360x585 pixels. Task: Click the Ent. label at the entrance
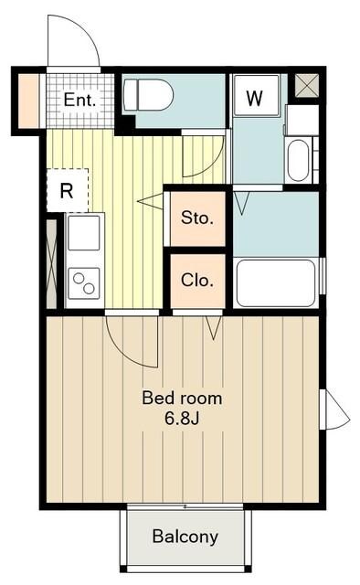click(x=79, y=100)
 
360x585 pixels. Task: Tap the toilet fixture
click(x=148, y=94)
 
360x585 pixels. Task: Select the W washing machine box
click(x=256, y=96)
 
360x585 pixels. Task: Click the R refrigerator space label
click(x=67, y=191)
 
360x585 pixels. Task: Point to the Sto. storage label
click(x=197, y=218)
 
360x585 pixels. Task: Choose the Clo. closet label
click(x=197, y=281)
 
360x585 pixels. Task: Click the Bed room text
click(x=182, y=399)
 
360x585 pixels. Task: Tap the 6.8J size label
click(x=182, y=419)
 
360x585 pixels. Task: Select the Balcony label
click(x=185, y=537)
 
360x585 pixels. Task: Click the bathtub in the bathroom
click(x=276, y=282)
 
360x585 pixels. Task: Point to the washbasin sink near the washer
click(x=299, y=160)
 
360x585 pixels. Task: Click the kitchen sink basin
click(x=84, y=233)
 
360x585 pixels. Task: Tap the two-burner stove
click(x=84, y=283)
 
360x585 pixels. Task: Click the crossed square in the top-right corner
click(x=307, y=86)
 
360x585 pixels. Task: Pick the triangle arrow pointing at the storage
click(x=151, y=201)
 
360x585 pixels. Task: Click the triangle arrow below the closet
click(x=214, y=328)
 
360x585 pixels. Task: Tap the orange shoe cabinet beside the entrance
click(x=28, y=101)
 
